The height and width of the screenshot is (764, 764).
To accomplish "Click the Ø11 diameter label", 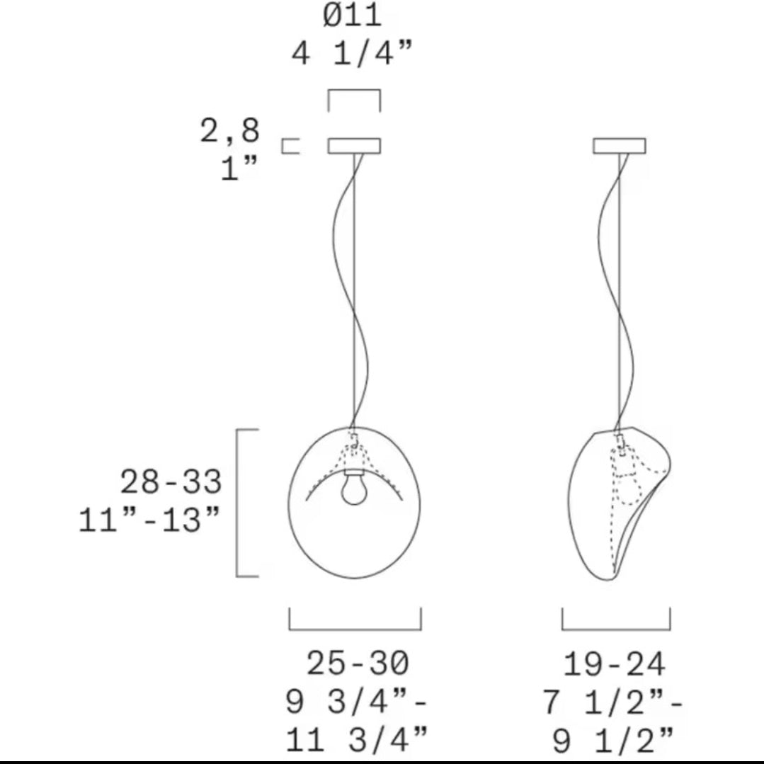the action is [352, 16].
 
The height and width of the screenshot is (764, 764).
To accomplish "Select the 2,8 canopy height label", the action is [230, 130].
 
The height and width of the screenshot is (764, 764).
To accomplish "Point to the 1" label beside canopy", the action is [239, 169].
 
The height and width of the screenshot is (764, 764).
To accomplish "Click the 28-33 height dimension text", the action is [171, 482].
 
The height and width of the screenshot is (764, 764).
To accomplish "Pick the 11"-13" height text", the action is [149, 520].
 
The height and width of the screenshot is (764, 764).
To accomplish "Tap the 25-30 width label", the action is [357, 663].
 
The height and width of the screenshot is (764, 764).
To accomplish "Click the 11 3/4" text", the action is [356, 739].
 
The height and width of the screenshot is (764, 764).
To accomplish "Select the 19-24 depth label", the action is [615, 663].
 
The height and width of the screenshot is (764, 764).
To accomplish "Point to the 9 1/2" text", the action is [613, 740].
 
